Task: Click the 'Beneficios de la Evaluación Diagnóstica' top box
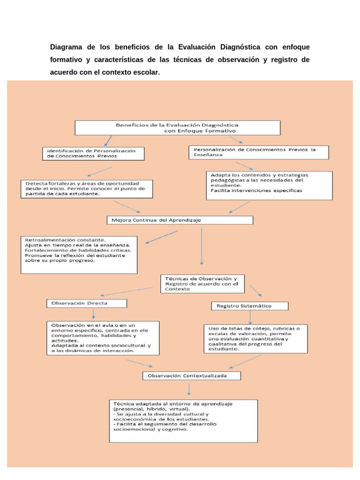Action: [x=178, y=127]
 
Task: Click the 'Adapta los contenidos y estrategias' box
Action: [x=270, y=185]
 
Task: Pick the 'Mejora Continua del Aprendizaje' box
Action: [x=180, y=220]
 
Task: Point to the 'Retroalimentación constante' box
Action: [x=79, y=254]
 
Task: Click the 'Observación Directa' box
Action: [x=87, y=303]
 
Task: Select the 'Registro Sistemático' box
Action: [x=249, y=306]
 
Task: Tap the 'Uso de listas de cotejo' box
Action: [x=255, y=338]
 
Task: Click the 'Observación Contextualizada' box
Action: [x=191, y=375]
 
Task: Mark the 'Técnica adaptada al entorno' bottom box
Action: [x=183, y=420]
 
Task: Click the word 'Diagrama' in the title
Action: [x=67, y=47]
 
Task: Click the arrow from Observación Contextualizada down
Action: [x=189, y=390]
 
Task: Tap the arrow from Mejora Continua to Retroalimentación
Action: [x=162, y=236]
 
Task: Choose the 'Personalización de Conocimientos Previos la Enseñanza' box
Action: [x=258, y=152]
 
